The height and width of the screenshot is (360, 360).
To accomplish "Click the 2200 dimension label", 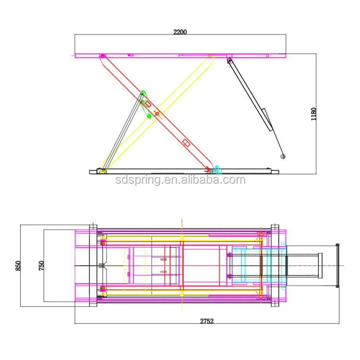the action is coord(180,32).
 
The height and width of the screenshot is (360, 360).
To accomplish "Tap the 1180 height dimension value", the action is coord(313,114).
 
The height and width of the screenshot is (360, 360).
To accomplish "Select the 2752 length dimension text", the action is coord(207,321).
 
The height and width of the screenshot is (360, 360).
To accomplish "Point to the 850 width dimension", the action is coord(18,265).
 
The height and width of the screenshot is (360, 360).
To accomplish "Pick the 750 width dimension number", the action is coord(41,265).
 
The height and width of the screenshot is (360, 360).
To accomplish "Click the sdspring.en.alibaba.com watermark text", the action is coord(180,180).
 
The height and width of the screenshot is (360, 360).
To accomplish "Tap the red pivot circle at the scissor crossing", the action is coord(157,114).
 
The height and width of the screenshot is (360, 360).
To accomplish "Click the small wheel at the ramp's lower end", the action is coord(283,156).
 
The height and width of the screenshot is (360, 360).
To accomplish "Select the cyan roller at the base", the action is coord(217,170).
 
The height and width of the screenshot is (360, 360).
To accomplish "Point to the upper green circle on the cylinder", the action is coord(143,93).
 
